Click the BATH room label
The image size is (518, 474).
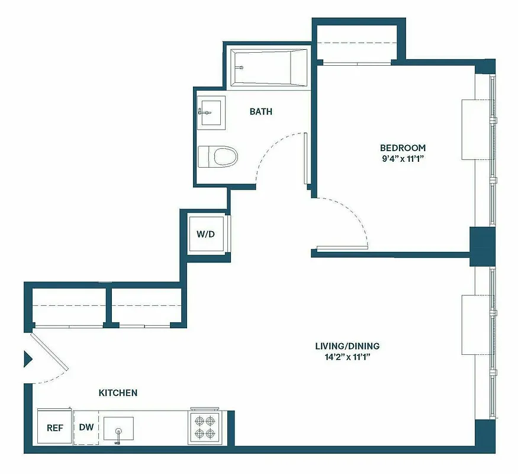(x=261, y=111)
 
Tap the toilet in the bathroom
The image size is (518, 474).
(x=218, y=156)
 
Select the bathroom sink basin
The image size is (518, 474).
(x=211, y=112)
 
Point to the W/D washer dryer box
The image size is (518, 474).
(x=205, y=233)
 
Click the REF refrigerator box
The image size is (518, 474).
(x=54, y=427)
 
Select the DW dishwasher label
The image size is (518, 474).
(x=86, y=427)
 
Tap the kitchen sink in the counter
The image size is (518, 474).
(x=118, y=427)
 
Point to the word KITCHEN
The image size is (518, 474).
(x=118, y=393)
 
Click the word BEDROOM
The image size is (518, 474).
(x=403, y=148)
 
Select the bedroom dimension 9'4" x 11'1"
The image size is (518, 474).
(x=403, y=158)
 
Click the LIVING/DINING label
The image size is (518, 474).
(x=347, y=346)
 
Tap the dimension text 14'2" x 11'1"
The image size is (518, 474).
(x=347, y=357)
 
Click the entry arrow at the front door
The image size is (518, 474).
(x=27, y=359)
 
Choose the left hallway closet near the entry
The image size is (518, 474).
(x=67, y=306)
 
